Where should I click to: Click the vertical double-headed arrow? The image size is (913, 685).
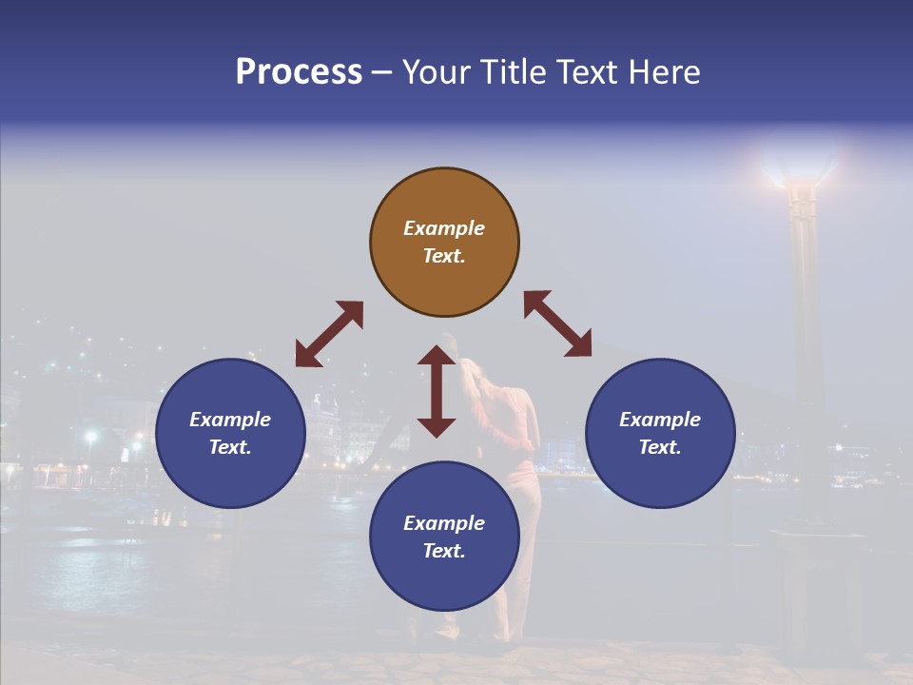pyautogui.click(x=437, y=391)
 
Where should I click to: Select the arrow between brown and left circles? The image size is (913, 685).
pyautogui.click(x=329, y=334)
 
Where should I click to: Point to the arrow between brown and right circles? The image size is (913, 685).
pyautogui.click(x=557, y=323)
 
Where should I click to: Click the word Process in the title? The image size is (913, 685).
pyautogui.click(x=299, y=72)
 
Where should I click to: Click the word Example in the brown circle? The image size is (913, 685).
pyautogui.click(x=444, y=228)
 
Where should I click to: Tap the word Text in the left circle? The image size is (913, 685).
pyautogui.click(x=230, y=447)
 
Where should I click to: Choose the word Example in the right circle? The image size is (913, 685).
pyautogui.click(x=660, y=420)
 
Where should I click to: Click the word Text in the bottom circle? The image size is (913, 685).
pyautogui.click(x=444, y=551)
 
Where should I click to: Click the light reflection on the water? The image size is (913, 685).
pyautogui.click(x=86, y=561)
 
